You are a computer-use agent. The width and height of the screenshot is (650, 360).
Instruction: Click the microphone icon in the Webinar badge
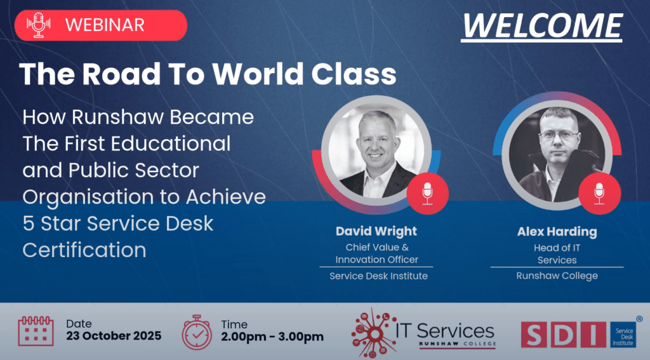39,25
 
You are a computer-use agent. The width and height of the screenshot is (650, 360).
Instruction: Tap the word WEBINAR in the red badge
105,25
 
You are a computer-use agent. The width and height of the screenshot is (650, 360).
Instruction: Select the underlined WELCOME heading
542,27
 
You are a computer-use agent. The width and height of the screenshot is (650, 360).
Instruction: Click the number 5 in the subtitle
28,223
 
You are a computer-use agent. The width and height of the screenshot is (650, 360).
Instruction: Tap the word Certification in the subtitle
84,250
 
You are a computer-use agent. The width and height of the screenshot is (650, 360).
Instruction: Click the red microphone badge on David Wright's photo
427,193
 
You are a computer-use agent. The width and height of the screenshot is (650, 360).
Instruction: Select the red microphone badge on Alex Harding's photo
599,193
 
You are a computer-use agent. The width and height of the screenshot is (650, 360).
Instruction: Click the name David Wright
376,231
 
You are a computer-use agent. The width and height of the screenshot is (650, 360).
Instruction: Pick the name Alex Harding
557,231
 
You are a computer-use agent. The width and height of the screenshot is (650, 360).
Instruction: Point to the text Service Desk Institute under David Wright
378,276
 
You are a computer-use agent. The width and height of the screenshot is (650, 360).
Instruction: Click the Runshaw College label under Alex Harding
557,276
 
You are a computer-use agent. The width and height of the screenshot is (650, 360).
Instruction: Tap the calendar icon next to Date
36,331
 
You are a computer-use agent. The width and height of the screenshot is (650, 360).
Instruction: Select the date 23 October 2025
114,336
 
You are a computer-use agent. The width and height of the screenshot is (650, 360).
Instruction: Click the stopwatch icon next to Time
197,332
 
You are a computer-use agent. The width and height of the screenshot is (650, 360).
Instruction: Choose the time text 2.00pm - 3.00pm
272,337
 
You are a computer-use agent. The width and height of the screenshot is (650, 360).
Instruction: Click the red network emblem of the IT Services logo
373,333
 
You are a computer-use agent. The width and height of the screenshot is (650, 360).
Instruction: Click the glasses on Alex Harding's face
559,136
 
